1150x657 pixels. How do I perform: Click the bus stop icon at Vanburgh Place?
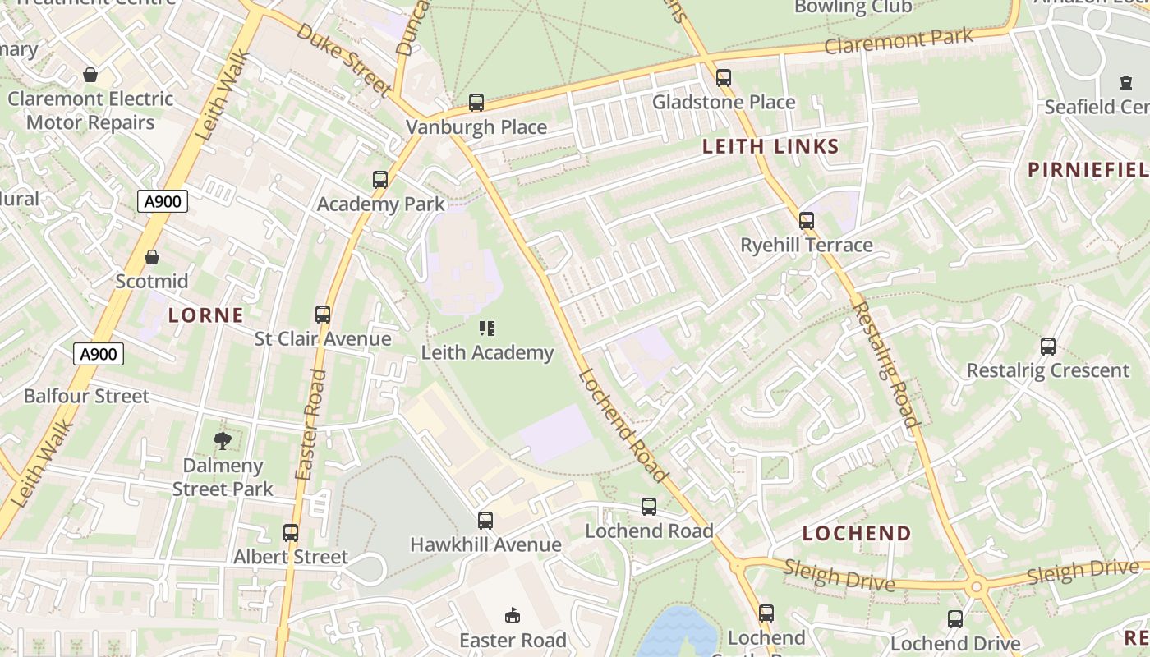(x=476, y=103)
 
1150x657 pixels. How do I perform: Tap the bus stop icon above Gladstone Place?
(x=724, y=78)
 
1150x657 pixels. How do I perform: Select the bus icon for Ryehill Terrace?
(x=807, y=221)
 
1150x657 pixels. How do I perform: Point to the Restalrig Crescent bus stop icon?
(x=1048, y=347)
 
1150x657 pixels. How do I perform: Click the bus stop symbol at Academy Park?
(x=379, y=180)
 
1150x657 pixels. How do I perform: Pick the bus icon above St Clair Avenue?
(x=323, y=315)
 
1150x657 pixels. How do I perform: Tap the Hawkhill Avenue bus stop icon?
(x=485, y=520)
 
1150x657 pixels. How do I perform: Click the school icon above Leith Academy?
(x=487, y=328)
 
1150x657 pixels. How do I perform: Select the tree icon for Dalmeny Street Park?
(x=222, y=441)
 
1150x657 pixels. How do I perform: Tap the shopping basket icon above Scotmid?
(x=152, y=257)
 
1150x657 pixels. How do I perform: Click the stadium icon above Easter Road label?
(x=513, y=615)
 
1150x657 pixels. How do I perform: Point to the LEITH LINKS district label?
(x=770, y=147)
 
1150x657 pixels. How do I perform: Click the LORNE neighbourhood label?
(x=206, y=315)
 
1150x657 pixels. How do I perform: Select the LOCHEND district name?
(x=857, y=533)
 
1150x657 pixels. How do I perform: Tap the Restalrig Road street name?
(x=885, y=365)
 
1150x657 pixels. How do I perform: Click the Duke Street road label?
(x=342, y=59)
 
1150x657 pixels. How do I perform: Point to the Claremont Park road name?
(x=899, y=41)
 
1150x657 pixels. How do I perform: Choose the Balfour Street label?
(x=86, y=396)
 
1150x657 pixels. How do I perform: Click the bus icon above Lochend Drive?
(x=955, y=619)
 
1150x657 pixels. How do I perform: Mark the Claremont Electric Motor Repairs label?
(x=90, y=111)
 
